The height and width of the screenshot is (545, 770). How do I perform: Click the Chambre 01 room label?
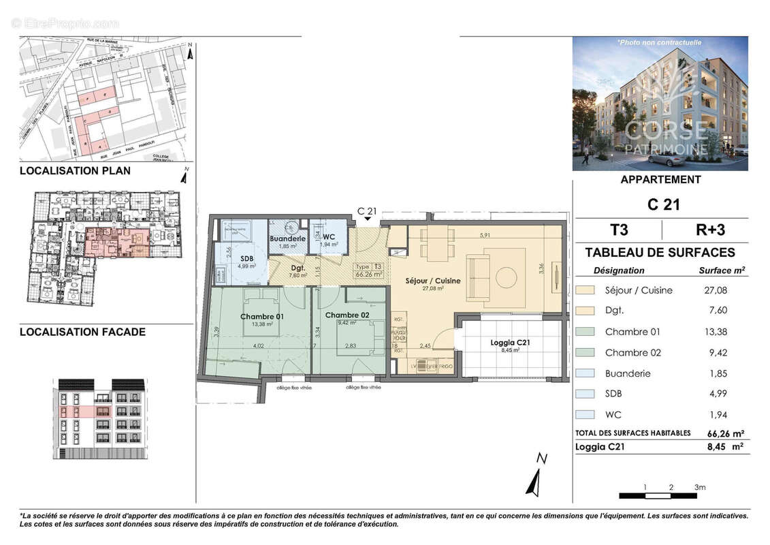coord(262,317)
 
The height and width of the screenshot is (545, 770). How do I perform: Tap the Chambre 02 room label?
coord(347,315)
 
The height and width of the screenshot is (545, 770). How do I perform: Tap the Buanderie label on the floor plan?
coord(287,239)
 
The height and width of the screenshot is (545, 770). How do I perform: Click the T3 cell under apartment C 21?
coord(617,228)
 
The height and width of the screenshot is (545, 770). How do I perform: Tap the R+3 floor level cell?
coord(704,228)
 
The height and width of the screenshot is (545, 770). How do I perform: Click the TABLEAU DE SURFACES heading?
coord(660,253)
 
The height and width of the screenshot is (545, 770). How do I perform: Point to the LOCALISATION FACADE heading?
coord(82,332)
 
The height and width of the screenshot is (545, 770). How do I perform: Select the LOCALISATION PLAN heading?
coord(75,171)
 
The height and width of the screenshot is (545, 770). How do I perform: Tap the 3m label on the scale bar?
coord(700,487)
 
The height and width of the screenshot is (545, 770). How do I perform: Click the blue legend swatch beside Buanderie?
coord(585,373)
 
